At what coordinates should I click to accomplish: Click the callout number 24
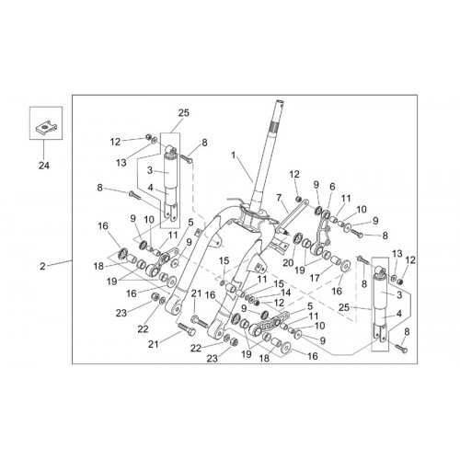pos(44,166)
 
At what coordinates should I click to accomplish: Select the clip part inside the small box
pos(45,128)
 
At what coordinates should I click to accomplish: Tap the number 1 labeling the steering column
pos(234,155)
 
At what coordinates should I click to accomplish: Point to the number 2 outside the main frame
pos(42,266)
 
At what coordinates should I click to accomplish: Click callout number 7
pos(279,199)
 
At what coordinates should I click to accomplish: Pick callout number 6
pos(332,187)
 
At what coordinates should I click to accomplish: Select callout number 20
pos(288,263)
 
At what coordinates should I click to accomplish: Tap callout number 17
pos(315,278)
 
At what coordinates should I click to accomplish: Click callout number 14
pos(286,293)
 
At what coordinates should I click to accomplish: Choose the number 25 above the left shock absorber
pos(184,113)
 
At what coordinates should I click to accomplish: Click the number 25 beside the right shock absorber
pos(344,307)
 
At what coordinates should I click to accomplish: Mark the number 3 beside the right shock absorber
pos(399,295)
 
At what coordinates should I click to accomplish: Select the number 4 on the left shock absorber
pos(150,188)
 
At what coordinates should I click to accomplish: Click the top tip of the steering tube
pos(281,101)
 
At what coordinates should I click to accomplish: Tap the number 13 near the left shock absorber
pos(121,163)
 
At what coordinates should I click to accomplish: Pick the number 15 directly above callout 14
pos(279,284)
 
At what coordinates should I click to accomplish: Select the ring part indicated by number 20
pos(298,238)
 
